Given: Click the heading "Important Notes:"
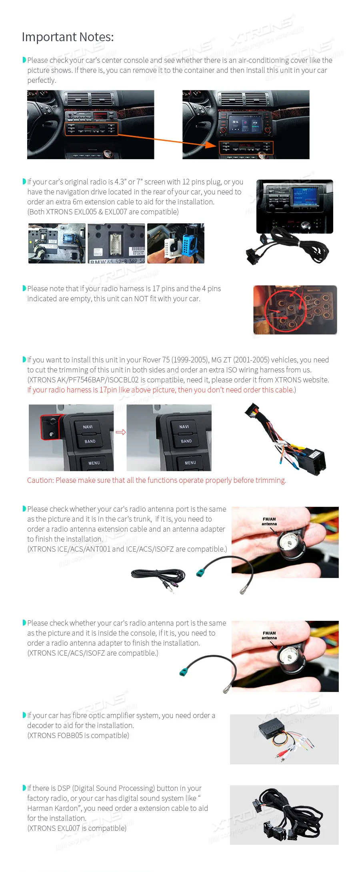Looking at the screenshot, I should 68,37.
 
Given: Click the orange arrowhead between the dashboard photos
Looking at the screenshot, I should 211,144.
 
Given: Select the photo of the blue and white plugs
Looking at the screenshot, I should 176,243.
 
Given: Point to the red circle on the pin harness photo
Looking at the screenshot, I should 285,310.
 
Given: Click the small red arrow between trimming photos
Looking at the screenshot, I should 120,432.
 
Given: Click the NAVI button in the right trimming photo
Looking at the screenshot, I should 184,427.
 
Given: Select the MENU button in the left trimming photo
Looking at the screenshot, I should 94,463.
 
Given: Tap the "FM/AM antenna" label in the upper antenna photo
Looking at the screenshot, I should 269,521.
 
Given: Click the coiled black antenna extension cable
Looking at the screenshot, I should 158,576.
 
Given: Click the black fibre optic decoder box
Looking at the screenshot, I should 272,730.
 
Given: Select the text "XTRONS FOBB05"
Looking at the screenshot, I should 56,735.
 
